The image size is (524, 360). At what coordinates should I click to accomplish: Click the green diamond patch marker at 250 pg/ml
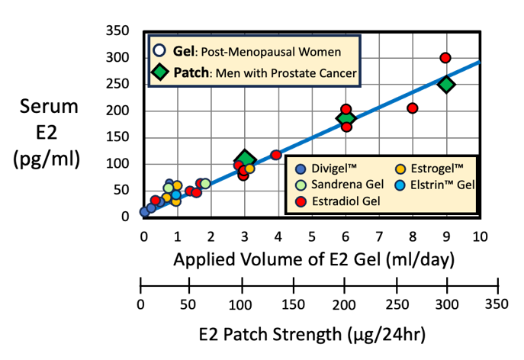(x=446, y=85)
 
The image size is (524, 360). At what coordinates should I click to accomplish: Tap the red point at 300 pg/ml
(x=445, y=58)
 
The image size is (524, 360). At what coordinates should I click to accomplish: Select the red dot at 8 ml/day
(x=412, y=108)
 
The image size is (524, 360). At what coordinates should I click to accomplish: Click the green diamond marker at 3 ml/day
(x=244, y=160)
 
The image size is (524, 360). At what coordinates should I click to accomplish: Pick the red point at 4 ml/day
(x=276, y=155)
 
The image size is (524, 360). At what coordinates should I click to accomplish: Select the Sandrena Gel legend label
(x=341, y=185)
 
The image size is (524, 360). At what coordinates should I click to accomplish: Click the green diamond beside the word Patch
(x=160, y=73)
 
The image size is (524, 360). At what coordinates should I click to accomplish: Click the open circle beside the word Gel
(x=159, y=51)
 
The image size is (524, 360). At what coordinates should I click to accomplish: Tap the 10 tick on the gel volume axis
(x=479, y=236)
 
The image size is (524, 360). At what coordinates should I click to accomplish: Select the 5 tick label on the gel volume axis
(x=311, y=236)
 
